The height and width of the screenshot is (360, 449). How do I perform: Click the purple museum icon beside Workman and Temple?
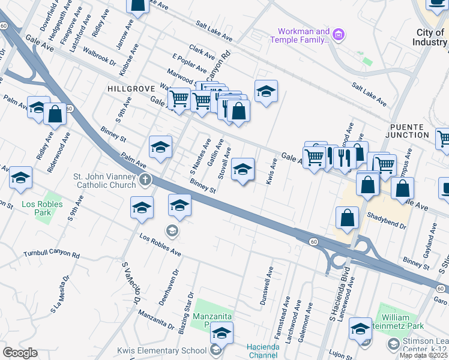pos(339,35)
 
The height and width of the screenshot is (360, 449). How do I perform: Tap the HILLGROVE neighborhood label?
pos(127,88)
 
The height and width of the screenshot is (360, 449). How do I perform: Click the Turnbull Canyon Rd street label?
pos(52,255)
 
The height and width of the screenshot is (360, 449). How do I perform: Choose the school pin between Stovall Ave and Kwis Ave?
pos(243,170)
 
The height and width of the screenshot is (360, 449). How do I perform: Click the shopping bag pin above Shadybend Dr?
pos(347,219)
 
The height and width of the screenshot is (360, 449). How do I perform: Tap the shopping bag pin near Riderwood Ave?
pos(55,114)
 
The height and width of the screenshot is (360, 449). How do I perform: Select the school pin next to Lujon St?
pos(360,329)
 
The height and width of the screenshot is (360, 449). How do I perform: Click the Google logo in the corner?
pos(20,353)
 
